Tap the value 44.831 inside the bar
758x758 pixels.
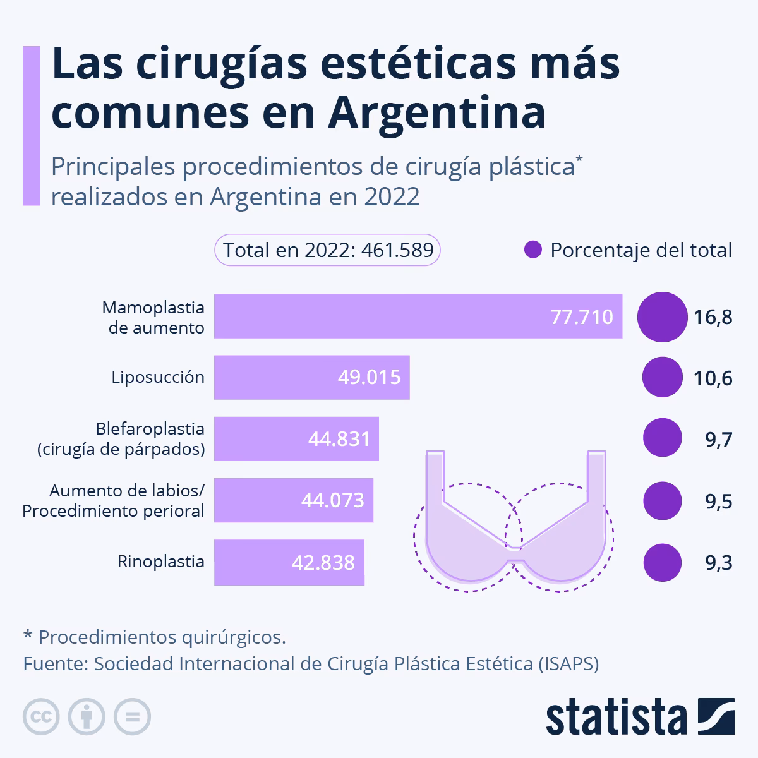click(x=339, y=439)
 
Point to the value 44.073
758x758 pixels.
click(x=333, y=500)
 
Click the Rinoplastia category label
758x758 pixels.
click(x=161, y=562)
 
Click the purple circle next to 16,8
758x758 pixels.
click(x=662, y=316)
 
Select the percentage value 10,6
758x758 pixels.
click(x=713, y=378)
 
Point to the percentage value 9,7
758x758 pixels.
click(x=718, y=440)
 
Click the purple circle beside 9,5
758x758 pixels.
click(x=662, y=501)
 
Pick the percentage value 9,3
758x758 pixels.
click(x=718, y=562)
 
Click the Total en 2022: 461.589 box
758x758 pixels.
click(x=327, y=250)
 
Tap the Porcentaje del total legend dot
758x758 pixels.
click(x=533, y=250)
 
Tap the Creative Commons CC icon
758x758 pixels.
click(x=41, y=717)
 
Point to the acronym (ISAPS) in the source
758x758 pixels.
click(x=569, y=664)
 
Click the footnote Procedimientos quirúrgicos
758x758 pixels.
click(x=162, y=637)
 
